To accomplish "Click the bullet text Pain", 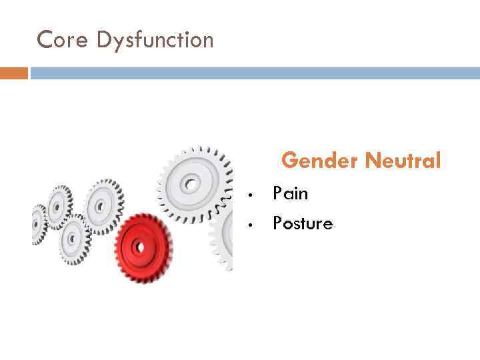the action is click(x=290, y=194).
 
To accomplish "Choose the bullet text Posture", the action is click(x=302, y=223).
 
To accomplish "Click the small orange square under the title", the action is click(x=13, y=73).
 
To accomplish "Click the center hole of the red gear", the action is click(x=140, y=246).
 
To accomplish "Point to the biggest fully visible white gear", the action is click(x=193, y=181).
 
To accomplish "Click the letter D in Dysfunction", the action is click(x=102, y=40).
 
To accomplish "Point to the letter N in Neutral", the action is click(x=373, y=161).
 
